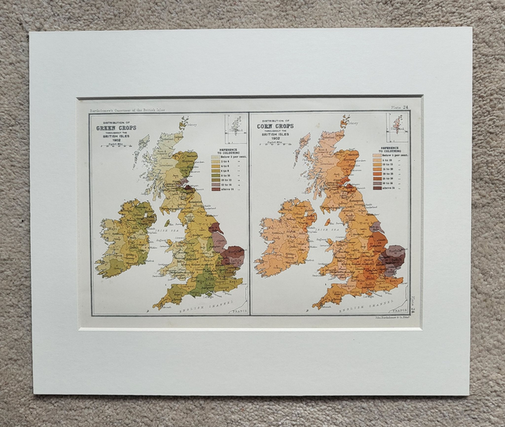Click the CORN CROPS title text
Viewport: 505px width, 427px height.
[273, 125]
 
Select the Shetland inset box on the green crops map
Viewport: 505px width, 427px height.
[234, 127]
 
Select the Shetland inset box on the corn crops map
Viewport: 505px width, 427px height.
[397, 126]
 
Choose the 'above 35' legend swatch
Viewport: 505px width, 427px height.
[377, 188]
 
